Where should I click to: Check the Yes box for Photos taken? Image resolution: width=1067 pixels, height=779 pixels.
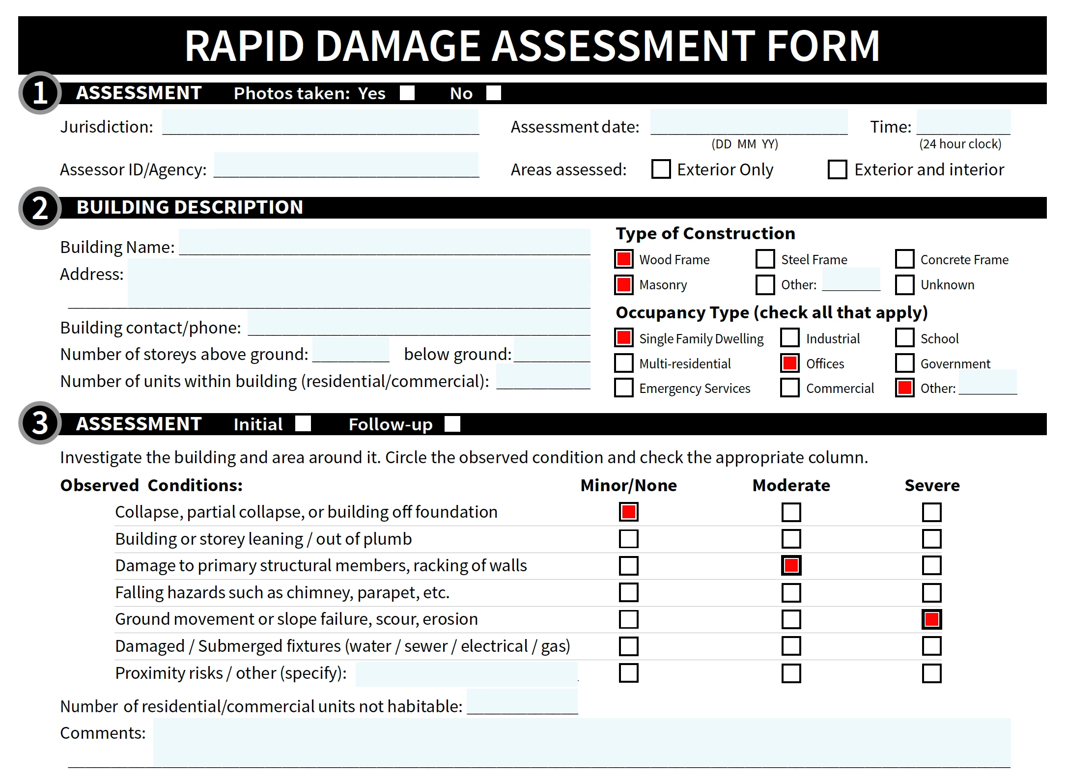click(407, 93)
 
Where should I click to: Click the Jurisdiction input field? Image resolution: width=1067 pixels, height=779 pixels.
click(320, 122)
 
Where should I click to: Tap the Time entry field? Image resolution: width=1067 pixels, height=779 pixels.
click(963, 122)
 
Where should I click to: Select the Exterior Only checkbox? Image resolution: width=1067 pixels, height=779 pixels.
click(661, 169)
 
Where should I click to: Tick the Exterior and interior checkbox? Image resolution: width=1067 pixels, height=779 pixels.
click(837, 169)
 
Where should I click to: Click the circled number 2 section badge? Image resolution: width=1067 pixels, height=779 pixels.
click(40, 208)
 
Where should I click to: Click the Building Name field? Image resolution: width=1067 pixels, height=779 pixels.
click(384, 242)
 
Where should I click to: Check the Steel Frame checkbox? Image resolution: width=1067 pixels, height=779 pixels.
click(765, 259)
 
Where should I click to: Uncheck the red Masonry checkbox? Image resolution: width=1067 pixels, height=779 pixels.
click(624, 284)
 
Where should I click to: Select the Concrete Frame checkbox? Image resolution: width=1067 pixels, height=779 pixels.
click(904, 259)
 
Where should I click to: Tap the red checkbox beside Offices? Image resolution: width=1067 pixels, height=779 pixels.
click(790, 363)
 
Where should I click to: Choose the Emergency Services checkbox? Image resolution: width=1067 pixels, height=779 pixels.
click(624, 388)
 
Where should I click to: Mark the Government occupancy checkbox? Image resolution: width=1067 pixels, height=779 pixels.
click(904, 363)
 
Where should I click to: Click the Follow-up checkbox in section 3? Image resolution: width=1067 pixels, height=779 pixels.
click(452, 424)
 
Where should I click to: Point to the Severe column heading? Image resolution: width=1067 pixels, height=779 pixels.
click(932, 485)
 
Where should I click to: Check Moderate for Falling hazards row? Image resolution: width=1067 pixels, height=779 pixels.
click(791, 592)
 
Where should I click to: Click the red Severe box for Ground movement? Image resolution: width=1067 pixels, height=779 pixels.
click(931, 619)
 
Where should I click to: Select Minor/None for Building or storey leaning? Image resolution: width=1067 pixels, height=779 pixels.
click(628, 539)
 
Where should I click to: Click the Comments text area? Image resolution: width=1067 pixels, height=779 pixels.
click(582, 742)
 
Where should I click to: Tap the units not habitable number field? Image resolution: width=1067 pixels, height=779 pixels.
click(522, 701)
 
